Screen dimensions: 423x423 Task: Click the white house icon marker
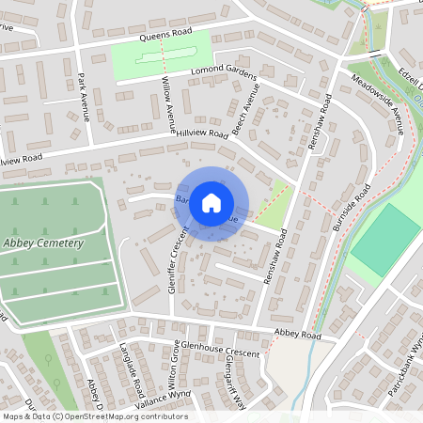point(211,202)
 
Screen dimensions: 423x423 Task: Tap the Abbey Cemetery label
point(43,243)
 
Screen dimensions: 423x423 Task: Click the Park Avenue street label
point(83,97)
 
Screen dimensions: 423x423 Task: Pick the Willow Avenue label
point(167,102)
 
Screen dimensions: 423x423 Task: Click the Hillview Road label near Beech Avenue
point(201,135)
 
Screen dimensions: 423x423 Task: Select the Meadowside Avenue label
point(377,104)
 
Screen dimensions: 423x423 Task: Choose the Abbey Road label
point(297,335)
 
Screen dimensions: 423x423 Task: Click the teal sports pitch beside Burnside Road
point(385,240)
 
